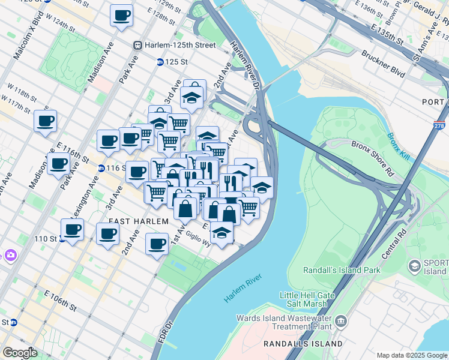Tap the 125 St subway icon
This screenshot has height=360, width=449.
pyautogui.click(x=160, y=62)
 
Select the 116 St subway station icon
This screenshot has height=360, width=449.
pyautogui.click(x=101, y=169)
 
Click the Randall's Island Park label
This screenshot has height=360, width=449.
pyautogui.click(x=342, y=270)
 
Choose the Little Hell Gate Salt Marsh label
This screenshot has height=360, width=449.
pyautogui.click(x=311, y=299)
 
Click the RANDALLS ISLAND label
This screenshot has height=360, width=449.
pyautogui.click(x=303, y=344)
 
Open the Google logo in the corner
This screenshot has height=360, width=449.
pyautogui.click(x=20, y=353)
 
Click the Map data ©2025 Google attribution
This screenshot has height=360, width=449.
pyautogui.click(x=411, y=355)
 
